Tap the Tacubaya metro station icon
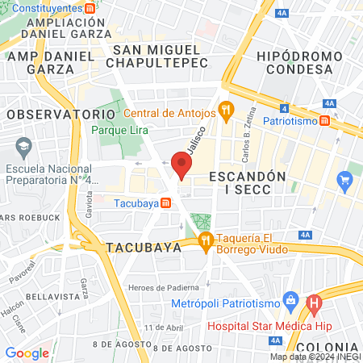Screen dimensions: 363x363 click(165, 202)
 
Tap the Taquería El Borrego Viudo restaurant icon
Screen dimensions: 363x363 click(205, 239)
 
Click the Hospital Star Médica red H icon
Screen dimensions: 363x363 click(315, 304)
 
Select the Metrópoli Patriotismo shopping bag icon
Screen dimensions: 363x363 click(292, 303)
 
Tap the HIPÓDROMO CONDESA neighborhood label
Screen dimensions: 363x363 click(294, 62)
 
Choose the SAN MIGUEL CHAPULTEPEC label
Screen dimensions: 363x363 click(157, 56)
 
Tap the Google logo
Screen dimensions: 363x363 click(27, 353)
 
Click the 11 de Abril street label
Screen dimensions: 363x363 click(161, 327)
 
